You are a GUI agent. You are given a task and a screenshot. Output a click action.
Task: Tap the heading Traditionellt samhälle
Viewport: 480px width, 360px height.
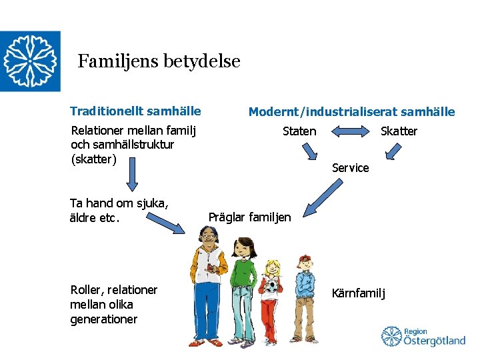click(x=135, y=111)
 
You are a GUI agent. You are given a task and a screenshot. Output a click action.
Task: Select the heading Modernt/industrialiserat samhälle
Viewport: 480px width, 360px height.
click(x=351, y=112)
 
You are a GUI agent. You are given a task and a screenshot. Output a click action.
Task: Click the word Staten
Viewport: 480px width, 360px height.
click(x=299, y=131)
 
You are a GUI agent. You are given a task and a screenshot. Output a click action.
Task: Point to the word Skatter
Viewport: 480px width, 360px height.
click(x=399, y=131)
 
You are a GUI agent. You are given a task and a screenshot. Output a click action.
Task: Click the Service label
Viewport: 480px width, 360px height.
click(x=350, y=168)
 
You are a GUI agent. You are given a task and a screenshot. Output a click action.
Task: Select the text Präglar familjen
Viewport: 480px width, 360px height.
click(x=249, y=217)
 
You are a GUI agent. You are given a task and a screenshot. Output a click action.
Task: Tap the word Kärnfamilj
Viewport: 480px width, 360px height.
click(x=359, y=293)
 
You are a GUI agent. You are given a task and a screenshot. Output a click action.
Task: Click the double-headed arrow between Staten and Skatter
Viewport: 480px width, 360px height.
click(x=349, y=131)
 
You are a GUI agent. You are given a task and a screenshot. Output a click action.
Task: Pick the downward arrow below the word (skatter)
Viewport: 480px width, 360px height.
click(x=132, y=177)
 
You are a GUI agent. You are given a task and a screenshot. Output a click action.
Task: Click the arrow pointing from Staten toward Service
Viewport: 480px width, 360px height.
click(x=309, y=152)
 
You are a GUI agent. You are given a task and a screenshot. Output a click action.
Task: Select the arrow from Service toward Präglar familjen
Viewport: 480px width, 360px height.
click(x=311, y=200)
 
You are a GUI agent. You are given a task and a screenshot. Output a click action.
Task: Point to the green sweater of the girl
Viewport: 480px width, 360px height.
click(x=243, y=280)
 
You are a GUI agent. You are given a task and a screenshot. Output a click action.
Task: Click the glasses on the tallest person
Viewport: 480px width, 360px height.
click(x=208, y=237)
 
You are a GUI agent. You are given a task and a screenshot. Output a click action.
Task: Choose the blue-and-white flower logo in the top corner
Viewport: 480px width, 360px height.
click(x=30, y=61)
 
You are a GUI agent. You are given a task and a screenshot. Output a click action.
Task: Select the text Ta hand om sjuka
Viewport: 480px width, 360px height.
click(x=118, y=203)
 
